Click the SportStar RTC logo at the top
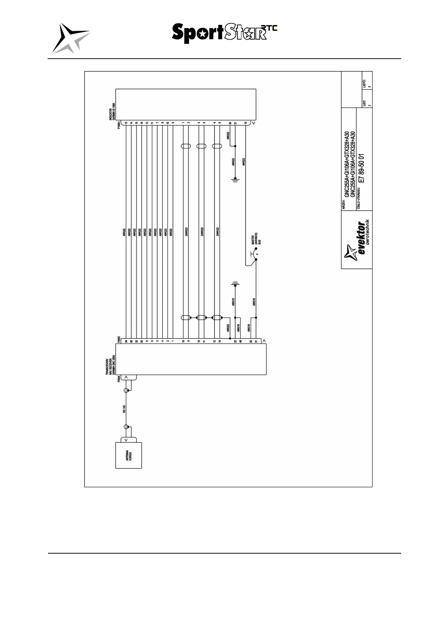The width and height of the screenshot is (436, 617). [224, 33]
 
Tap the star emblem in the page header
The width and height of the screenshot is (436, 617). [70, 38]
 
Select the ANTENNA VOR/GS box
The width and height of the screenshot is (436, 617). [129, 455]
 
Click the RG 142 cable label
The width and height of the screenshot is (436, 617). [124, 409]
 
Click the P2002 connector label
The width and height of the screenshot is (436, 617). [119, 339]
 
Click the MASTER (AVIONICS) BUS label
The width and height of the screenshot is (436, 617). [256, 238]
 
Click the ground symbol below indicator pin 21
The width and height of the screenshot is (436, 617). [235, 180]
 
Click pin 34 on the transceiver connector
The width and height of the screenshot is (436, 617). [126, 341]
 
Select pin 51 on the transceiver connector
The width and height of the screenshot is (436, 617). [256, 341]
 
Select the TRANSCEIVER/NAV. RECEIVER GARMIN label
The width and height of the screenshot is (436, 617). [111, 365]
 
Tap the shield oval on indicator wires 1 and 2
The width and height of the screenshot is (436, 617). [186, 147]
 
